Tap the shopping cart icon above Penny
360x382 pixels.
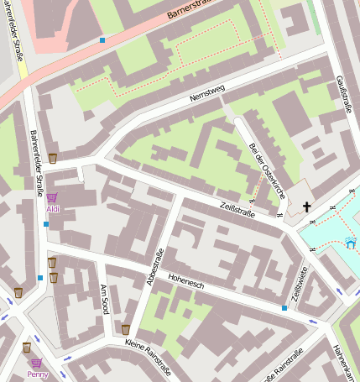pyautogui.click(x=37, y=364)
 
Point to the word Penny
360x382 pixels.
pyautogui.click(x=37, y=374)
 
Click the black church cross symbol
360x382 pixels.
pyautogui.click(x=306, y=207)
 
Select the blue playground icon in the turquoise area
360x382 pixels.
pyautogui.click(x=351, y=243)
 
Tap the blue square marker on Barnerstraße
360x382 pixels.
pyautogui.click(x=102, y=39)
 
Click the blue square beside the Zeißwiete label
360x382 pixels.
pyautogui.click(x=284, y=308)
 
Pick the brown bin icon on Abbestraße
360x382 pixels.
pyautogui.click(x=126, y=329)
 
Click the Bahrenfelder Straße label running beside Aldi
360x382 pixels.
pyautogui.click(x=37, y=164)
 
